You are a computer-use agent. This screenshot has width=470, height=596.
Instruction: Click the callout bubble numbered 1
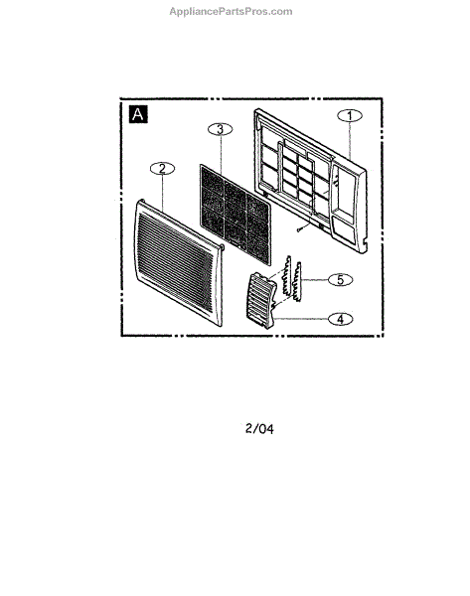[x=350, y=115]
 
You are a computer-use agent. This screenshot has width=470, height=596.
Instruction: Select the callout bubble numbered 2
[x=162, y=169]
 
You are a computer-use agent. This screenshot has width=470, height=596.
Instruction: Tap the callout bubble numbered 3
[x=221, y=129]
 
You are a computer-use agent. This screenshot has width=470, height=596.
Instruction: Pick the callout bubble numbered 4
[x=341, y=319]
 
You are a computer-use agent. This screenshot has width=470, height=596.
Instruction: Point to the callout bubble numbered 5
[x=341, y=280]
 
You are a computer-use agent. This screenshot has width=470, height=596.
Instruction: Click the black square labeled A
[x=138, y=114]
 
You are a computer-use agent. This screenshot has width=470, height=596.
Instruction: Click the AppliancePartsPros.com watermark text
[x=231, y=11]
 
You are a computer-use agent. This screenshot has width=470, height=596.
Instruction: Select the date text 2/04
[x=259, y=429]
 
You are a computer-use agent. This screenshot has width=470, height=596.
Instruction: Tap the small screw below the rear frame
[x=300, y=229]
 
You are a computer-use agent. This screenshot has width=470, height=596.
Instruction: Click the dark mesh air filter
[x=235, y=214]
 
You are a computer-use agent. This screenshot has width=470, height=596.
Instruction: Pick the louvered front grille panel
[x=178, y=262]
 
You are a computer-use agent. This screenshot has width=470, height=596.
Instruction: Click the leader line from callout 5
[x=314, y=280]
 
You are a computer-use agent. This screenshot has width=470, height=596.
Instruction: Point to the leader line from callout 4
[x=301, y=319]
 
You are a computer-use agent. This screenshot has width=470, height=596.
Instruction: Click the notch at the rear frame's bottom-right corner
[x=365, y=241]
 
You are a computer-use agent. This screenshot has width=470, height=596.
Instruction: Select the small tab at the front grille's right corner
[x=222, y=247]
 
